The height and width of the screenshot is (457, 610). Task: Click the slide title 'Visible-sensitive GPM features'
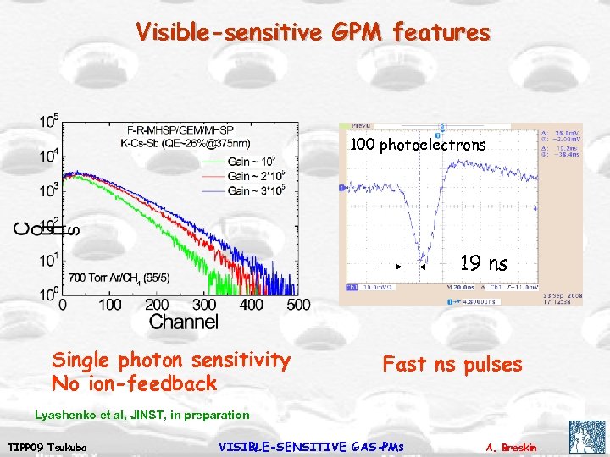(x=313, y=33)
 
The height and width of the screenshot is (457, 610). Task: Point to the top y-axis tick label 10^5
(x=48, y=121)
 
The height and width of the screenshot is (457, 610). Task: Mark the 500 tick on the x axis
(x=299, y=305)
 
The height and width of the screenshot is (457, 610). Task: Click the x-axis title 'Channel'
(x=183, y=322)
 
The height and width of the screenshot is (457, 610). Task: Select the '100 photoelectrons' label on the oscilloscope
(x=418, y=145)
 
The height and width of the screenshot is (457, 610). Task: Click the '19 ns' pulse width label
(x=484, y=264)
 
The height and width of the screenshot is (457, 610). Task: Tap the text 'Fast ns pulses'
(x=452, y=365)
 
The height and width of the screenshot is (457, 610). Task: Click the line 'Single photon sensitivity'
(x=171, y=361)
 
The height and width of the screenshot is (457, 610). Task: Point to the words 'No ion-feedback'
(x=135, y=383)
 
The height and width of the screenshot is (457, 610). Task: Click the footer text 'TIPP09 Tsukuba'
(x=43, y=446)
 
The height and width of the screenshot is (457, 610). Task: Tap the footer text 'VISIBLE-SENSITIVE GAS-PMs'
(x=311, y=446)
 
